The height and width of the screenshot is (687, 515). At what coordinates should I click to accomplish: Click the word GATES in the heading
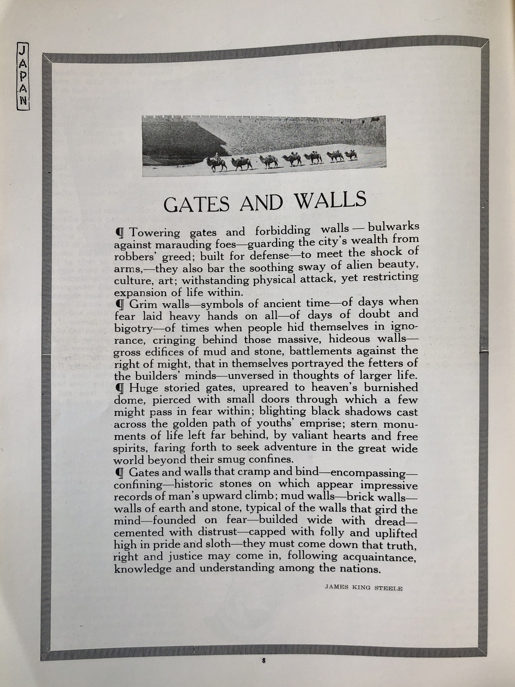pos(196,204)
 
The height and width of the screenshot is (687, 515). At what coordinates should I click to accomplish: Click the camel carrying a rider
pos(217,163)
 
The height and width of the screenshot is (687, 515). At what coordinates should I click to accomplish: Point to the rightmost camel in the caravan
pos(351,155)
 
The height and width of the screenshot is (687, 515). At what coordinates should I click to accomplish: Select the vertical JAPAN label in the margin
pos(23,75)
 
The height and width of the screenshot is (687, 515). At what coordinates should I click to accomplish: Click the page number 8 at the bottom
pos(263,660)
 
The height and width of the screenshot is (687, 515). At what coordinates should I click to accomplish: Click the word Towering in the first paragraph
pos(154,233)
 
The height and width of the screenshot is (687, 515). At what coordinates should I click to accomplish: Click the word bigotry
pos(132,328)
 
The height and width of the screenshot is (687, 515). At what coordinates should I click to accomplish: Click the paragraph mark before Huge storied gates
pos(120,388)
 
